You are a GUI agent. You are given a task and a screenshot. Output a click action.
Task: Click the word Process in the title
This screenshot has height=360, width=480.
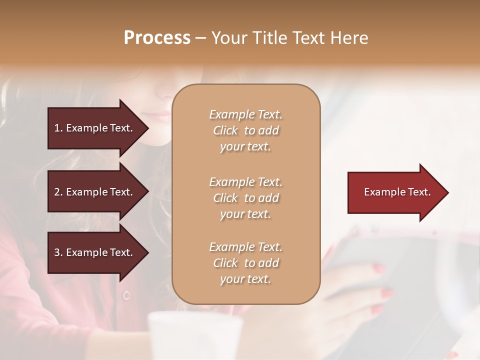point(157,38)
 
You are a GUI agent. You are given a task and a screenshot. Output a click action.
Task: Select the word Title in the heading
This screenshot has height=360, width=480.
point(270,38)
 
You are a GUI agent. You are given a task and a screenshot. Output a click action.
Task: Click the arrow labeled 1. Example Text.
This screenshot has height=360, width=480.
point(97,128)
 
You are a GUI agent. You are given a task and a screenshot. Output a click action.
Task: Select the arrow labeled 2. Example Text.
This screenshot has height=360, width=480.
point(97,192)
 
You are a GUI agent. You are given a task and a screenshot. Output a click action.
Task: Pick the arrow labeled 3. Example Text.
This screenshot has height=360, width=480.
point(97,252)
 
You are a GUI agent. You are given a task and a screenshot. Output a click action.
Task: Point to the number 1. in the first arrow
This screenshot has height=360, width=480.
point(58,128)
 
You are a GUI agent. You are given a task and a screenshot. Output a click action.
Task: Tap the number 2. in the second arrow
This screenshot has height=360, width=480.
point(58,192)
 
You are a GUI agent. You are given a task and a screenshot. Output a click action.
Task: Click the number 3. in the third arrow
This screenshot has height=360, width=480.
point(58,252)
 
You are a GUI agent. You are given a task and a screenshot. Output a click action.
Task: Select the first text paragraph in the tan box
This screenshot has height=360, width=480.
point(245,130)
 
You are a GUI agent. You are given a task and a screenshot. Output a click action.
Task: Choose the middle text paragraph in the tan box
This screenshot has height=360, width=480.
point(245,198)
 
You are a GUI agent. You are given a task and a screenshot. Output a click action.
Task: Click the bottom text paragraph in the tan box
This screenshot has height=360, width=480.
point(245,263)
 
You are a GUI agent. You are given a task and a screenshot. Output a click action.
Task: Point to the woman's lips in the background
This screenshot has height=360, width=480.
point(161,117)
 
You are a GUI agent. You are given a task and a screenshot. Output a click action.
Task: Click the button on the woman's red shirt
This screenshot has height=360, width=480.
point(126,295)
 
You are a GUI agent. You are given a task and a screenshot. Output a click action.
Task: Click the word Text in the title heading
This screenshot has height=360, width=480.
point(312,38)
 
